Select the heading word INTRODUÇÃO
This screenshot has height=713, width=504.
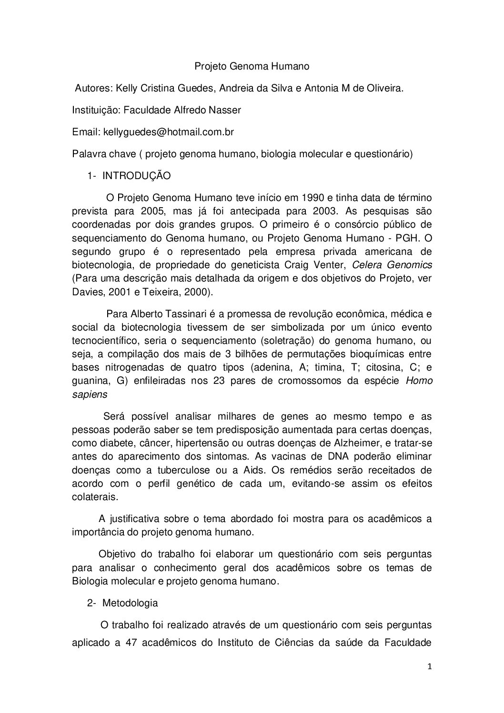tap(137, 176)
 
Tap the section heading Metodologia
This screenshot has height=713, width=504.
tap(130, 603)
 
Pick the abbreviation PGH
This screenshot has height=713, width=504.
tap(405, 237)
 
